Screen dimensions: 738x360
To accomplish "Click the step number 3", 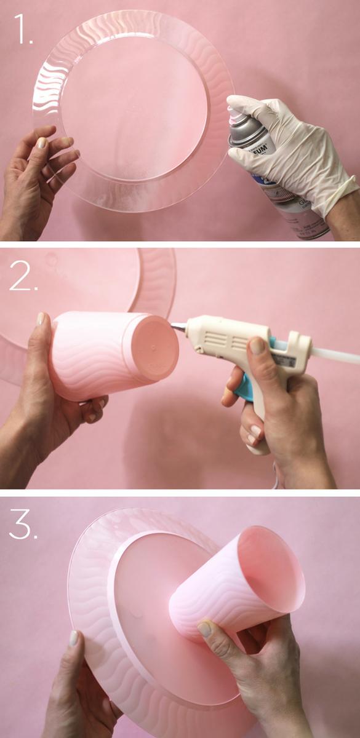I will click(24, 526).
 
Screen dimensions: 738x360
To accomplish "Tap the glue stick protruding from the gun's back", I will click(335, 354).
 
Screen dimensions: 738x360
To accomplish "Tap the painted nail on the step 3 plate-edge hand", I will click(73, 638).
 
